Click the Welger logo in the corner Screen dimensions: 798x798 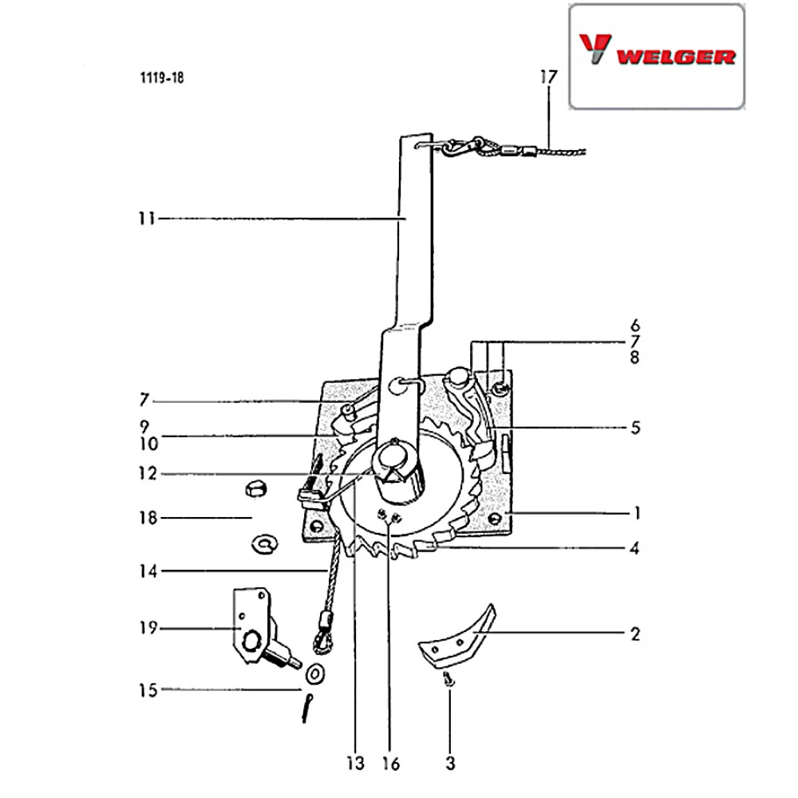point(657,51)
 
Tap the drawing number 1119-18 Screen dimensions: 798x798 point(162,78)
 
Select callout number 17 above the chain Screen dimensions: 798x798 point(549,77)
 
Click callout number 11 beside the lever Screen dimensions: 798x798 point(147,219)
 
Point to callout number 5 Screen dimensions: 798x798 point(635,428)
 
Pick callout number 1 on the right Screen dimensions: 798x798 point(637,513)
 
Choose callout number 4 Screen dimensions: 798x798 point(634,549)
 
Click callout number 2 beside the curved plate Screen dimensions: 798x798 point(634,634)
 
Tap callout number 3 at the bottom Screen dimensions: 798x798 point(450,763)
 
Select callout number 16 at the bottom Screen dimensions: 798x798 point(391,764)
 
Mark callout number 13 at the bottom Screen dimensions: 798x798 point(356,763)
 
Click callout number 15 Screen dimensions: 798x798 point(148,690)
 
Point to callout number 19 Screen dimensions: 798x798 point(148,627)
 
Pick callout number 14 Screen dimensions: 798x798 point(148,571)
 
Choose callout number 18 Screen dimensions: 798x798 point(148,518)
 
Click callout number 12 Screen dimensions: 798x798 point(148,473)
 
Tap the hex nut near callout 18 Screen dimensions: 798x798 point(256,490)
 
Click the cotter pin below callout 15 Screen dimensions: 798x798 point(307,708)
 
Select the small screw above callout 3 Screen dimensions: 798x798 point(448,679)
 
